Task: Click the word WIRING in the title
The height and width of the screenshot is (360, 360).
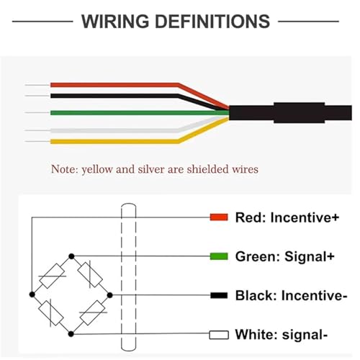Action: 115,22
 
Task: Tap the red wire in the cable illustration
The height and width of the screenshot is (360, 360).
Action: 115,85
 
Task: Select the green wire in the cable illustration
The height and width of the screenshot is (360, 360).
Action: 140,113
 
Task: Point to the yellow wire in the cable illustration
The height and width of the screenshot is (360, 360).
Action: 115,142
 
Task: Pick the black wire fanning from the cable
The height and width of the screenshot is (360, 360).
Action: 115,96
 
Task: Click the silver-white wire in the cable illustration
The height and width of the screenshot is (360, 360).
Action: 115,130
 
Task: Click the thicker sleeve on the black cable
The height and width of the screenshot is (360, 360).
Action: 300,112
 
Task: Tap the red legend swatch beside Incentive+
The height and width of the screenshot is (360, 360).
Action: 219,217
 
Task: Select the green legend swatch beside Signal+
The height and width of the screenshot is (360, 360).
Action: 219,256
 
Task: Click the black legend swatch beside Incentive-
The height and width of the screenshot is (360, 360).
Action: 219,295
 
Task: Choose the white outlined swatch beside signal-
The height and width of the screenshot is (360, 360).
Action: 219,335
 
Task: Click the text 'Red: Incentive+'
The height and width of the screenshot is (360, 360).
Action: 287,217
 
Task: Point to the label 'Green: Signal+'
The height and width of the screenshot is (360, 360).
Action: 285,256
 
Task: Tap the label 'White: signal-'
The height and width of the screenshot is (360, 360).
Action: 282,335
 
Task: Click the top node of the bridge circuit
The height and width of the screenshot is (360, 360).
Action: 71,256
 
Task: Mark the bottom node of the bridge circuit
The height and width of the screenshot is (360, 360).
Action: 71,334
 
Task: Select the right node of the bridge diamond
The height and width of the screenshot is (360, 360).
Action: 109,295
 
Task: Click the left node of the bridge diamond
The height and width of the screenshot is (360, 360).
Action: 32,294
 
